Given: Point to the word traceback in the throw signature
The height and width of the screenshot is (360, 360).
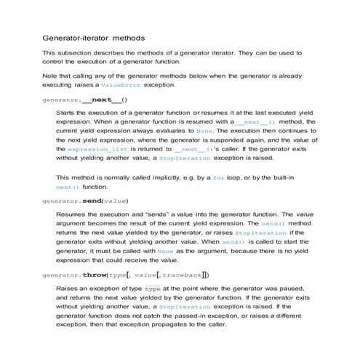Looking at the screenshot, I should pos(182,275).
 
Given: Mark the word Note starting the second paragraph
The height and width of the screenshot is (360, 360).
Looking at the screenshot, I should pos(50,74).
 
